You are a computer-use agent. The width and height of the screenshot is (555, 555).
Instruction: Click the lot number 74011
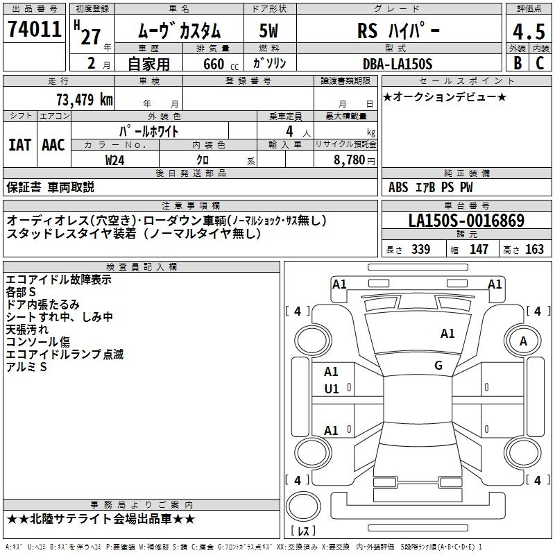(x=35, y=29)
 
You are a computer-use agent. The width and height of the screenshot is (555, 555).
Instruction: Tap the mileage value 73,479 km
(x=84, y=99)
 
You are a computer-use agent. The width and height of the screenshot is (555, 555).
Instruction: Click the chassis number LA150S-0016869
(x=466, y=221)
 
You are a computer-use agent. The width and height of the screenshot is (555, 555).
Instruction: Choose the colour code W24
(x=116, y=160)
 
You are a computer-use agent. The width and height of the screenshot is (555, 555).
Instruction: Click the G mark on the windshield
(x=438, y=366)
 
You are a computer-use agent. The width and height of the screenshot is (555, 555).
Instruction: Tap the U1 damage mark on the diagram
(x=332, y=389)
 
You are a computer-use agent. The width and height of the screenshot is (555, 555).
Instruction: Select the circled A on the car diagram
(x=523, y=341)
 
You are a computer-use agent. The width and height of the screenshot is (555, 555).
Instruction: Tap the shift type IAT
(x=19, y=144)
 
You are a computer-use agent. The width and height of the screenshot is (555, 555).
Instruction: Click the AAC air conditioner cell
(x=53, y=144)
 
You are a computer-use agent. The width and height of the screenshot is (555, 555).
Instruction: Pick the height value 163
(x=535, y=249)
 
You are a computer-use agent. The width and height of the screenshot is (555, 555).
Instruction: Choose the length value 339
(x=420, y=249)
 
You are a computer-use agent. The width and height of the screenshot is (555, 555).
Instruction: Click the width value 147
(x=479, y=249)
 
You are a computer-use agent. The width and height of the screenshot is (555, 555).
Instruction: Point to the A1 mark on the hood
(x=447, y=334)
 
